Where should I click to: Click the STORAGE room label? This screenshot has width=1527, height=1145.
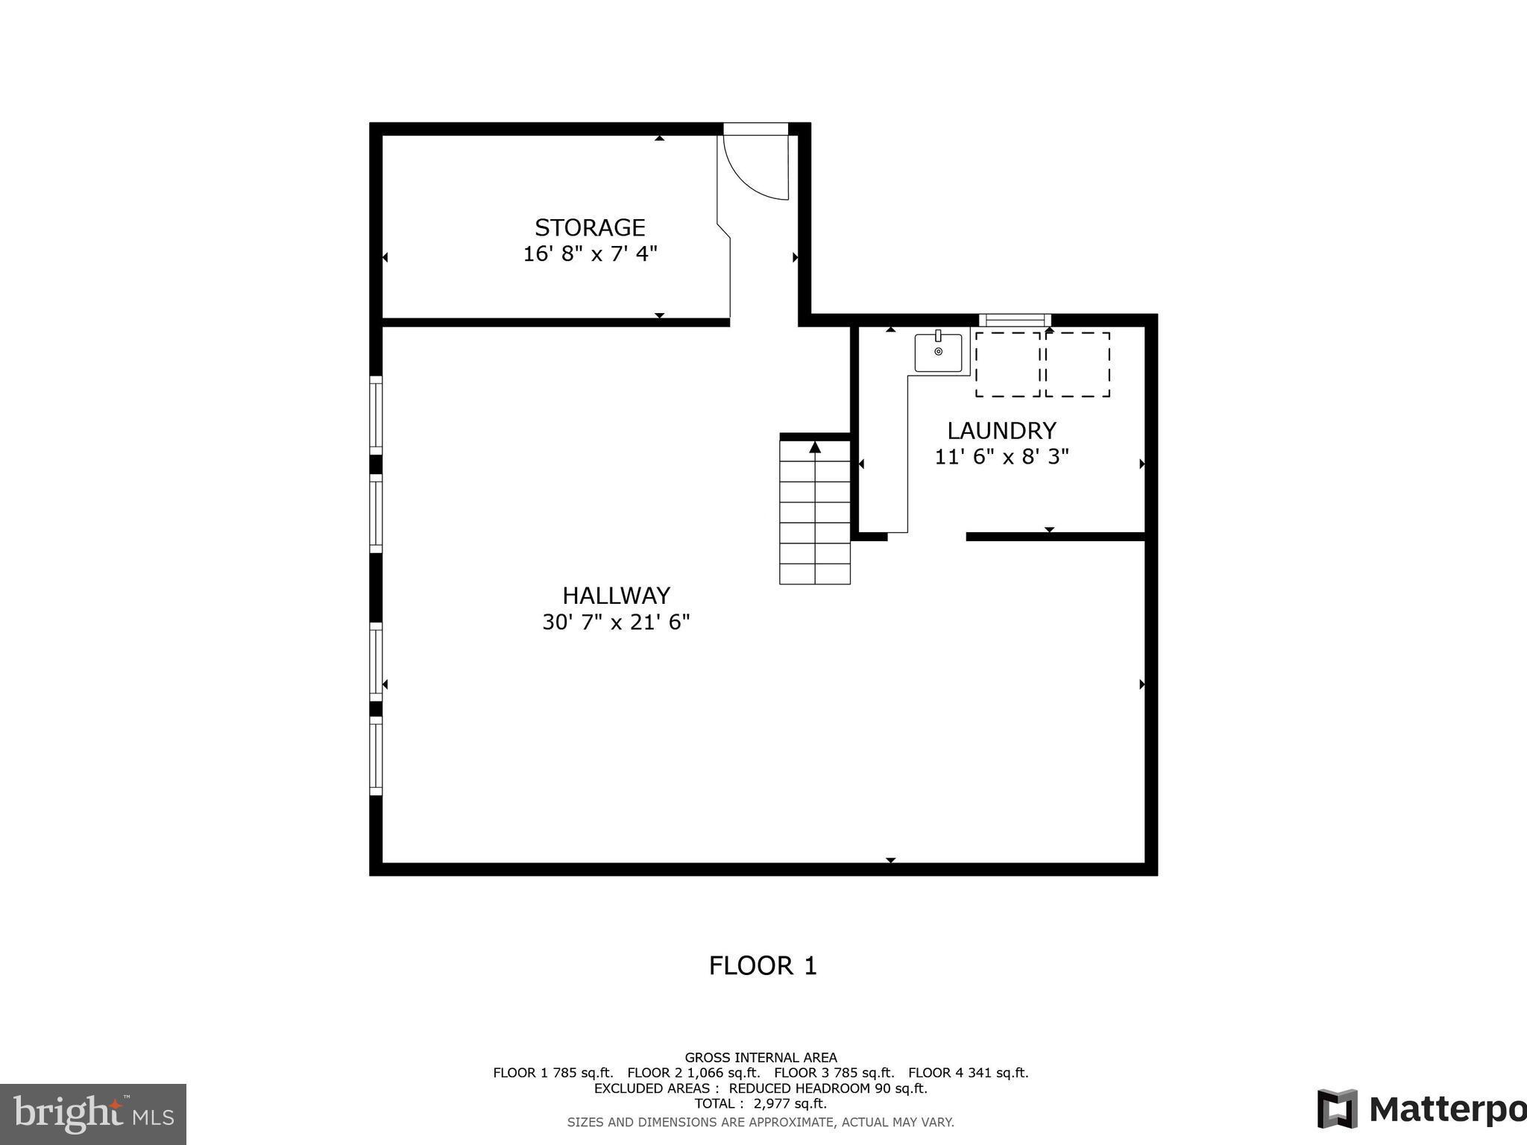pyautogui.click(x=590, y=227)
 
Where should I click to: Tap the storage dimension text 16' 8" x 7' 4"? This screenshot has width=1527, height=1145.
pyautogui.click(x=590, y=254)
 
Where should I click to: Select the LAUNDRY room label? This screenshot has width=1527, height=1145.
pyautogui.click(x=1001, y=431)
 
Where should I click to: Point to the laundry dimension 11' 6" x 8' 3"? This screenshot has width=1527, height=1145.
pyautogui.click(x=1001, y=456)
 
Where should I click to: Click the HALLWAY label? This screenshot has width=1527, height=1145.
pyautogui.click(x=616, y=596)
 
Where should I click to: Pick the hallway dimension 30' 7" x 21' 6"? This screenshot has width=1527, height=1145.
pyautogui.click(x=616, y=622)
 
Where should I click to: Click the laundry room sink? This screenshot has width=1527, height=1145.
pyautogui.click(x=938, y=352)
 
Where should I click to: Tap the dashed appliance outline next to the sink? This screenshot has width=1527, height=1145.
pyautogui.click(x=1007, y=365)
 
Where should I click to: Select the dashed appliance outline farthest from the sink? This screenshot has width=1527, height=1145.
pyautogui.click(x=1077, y=365)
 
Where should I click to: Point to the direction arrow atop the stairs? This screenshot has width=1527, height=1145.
pyautogui.click(x=815, y=447)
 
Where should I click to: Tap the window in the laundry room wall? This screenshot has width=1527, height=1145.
pyautogui.click(x=1015, y=321)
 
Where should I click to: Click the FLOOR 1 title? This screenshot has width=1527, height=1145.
pyautogui.click(x=763, y=966)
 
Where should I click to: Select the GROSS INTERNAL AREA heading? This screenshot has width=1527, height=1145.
pyautogui.click(x=761, y=1057)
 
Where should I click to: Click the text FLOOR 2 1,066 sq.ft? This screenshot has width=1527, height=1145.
pyautogui.click(x=693, y=1073)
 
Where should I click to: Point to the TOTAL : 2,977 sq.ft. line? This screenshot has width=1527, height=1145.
pyautogui.click(x=761, y=1103)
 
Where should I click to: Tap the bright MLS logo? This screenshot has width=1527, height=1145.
pyautogui.click(x=93, y=1114)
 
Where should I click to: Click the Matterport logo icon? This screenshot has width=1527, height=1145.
pyautogui.click(x=1338, y=1110)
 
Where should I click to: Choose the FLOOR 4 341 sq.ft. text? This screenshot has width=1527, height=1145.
pyautogui.click(x=968, y=1073)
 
